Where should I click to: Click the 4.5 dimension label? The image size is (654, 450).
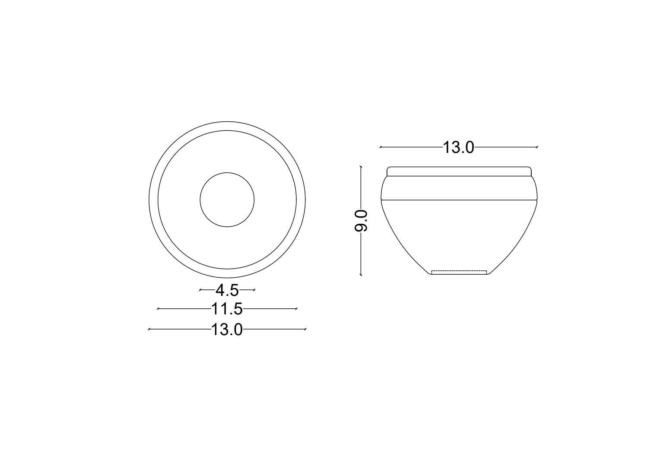[227, 290]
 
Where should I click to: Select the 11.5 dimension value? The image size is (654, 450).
[227, 309]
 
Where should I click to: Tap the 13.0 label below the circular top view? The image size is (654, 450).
[227, 330]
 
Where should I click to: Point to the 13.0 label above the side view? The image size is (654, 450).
[458, 147]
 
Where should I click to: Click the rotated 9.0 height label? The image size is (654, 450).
[361, 221]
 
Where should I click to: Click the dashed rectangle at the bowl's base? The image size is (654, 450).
[459, 272]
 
